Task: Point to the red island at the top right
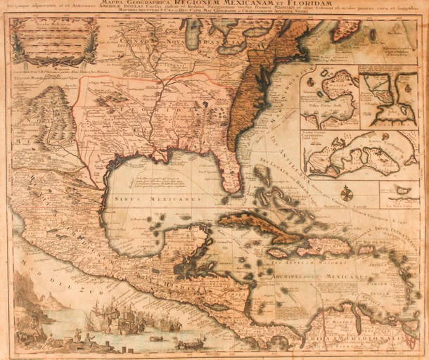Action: (x=347, y=29)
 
